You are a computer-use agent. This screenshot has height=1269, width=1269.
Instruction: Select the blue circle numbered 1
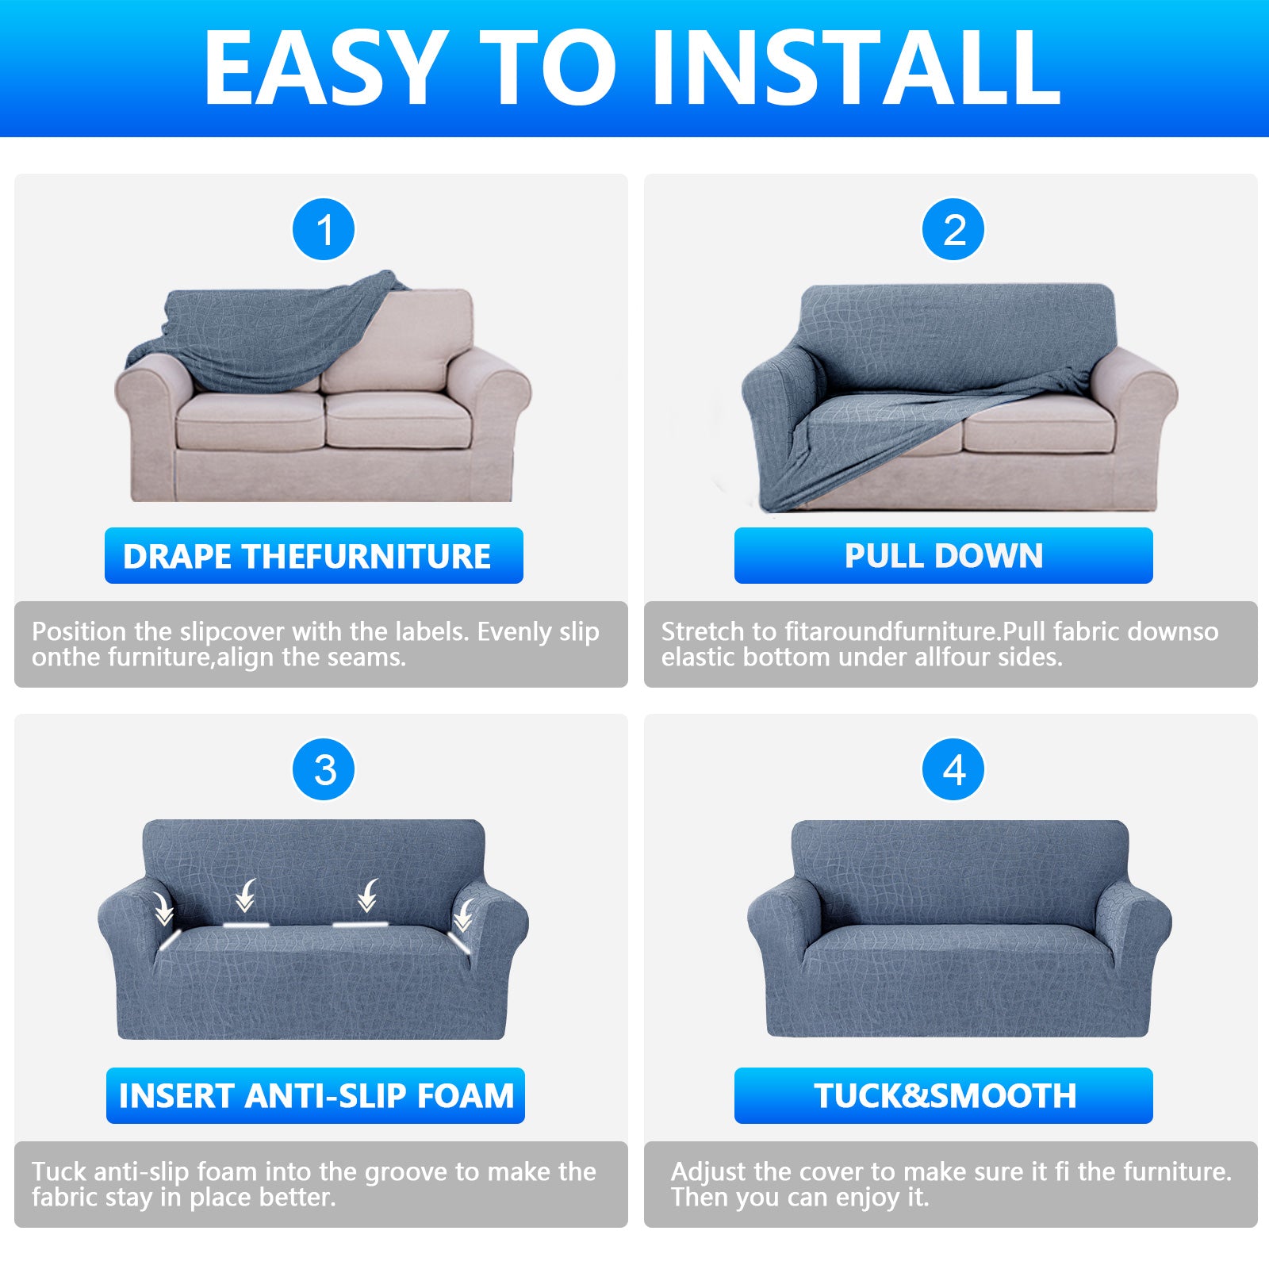(324, 230)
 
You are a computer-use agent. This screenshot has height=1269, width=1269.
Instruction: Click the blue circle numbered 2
(954, 230)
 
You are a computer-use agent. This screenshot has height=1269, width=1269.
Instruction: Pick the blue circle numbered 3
(324, 770)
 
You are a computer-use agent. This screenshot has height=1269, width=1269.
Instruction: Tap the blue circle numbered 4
(954, 770)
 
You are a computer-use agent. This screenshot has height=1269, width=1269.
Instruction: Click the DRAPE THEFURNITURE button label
(313, 556)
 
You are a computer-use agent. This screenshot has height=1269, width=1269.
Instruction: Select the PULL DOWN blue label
(943, 556)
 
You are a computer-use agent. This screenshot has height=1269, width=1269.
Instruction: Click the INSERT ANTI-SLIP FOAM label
(316, 1096)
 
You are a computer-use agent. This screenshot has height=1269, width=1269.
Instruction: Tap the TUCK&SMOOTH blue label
(943, 1096)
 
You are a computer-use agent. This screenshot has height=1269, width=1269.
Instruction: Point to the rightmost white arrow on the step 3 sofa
(463, 914)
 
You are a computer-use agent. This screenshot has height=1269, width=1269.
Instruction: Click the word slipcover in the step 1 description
(232, 632)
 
